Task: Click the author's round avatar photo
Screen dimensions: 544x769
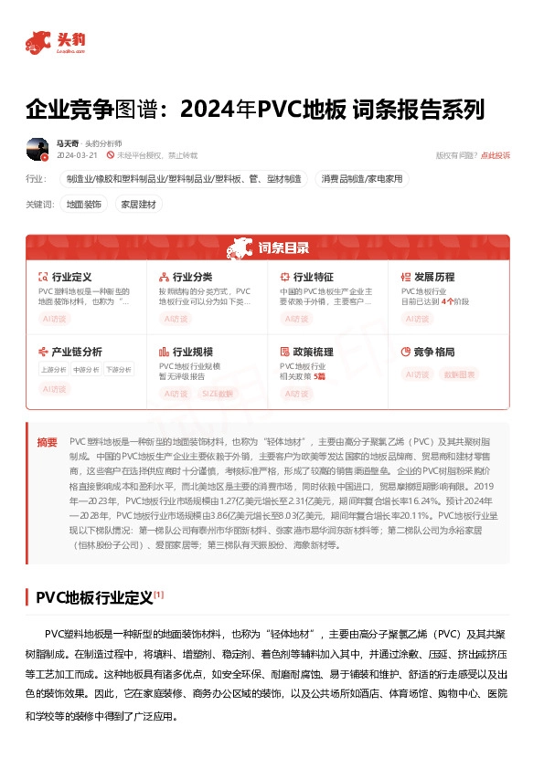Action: (37, 149)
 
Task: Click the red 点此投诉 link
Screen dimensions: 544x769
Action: (496, 155)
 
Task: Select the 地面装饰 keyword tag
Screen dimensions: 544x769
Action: (84, 205)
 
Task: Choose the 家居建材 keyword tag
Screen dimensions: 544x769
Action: (139, 205)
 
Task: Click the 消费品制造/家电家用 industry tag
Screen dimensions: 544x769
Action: (361, 179)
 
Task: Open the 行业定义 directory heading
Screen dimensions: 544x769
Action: (71, 276)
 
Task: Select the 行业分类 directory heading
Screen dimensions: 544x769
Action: (192, 276)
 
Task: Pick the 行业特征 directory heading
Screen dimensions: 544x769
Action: (313, 276)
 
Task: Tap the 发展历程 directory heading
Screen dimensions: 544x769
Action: (433, 276)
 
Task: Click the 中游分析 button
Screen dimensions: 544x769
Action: (85, 370)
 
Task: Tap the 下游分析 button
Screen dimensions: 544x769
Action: (116, 370)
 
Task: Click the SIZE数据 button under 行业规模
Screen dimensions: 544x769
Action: (216, 394)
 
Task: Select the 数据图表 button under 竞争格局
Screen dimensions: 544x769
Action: (460, 374)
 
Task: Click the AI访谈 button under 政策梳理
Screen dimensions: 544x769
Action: (296, 394)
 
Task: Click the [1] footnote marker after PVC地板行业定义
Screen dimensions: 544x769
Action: (158, 595)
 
